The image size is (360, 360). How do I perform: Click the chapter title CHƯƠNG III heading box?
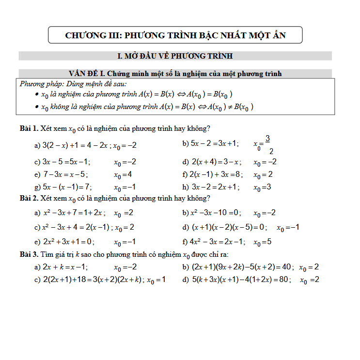coord(175,35)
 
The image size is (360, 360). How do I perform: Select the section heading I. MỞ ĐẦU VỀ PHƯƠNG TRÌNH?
coord(175,56)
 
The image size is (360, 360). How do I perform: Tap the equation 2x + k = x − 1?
coord(65,267)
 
